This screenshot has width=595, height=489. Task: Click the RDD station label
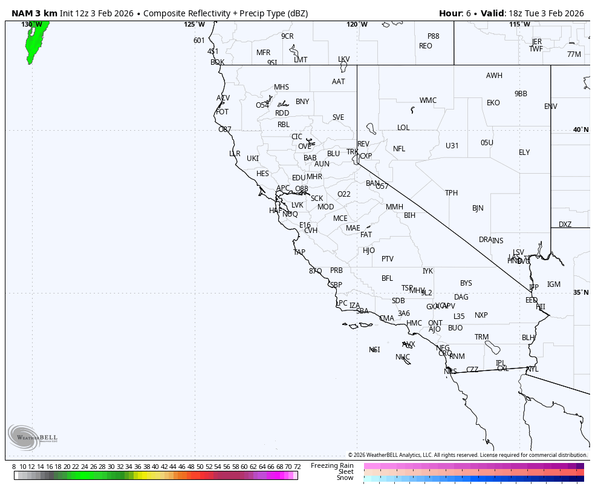coord(282,113)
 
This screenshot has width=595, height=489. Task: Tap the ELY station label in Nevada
coord(524,153)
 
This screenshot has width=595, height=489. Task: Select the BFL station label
coord(387,279)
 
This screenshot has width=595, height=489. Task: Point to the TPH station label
coord(451,193)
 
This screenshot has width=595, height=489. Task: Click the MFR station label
coord(263,53)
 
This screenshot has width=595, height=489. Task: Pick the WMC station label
coord(428,100)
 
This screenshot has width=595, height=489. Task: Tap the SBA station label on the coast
coord(362,311)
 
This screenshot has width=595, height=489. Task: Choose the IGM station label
coord(554,284)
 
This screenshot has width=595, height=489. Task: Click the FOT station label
coord(222,112)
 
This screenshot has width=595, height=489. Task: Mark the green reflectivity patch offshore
coord(36,39)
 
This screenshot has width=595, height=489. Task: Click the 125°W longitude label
coord(194,25)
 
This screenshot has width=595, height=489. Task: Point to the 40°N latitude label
coord(580,130)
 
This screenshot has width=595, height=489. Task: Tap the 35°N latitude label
coord(580,293)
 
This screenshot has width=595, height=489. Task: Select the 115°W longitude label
coord(519,25)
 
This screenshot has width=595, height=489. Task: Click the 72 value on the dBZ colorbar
coord(297,467)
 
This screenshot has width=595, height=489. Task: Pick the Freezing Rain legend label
coord(332,465)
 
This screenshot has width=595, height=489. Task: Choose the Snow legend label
coord(345,478)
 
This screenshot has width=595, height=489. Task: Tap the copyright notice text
coord(467,455)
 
